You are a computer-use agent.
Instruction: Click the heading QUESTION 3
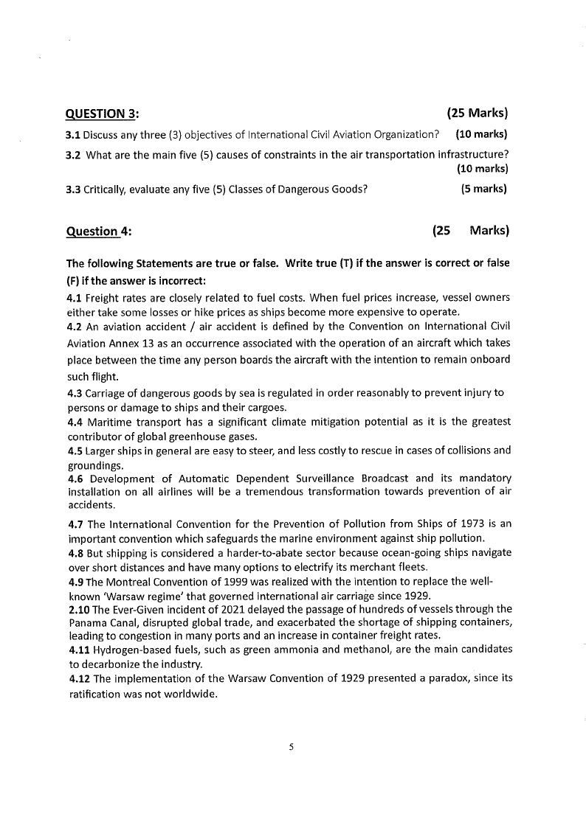click(x=103, y=114)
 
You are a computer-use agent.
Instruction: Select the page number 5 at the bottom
click(x=292, y=747)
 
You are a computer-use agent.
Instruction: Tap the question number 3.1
click(x=73, y=134)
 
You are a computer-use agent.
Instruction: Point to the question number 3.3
click(x=73, y=189)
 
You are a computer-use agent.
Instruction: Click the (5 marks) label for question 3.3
click(x=484, y=189)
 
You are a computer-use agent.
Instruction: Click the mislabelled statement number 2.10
click(x=77, y=609)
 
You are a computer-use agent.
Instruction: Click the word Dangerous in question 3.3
click(x=286, y=189)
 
